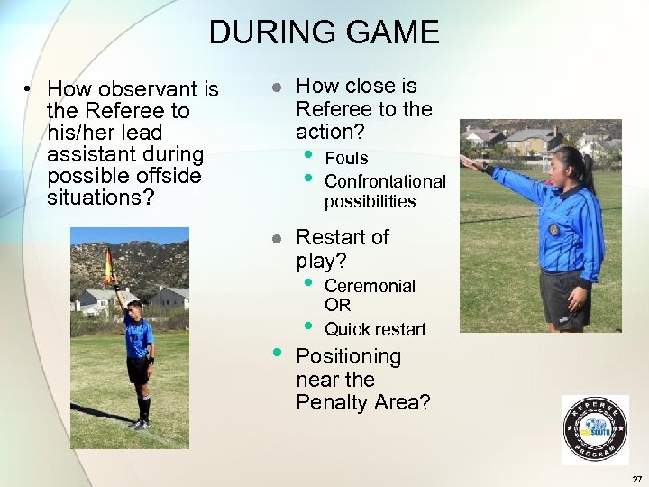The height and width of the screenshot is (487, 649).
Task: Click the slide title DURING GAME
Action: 324,32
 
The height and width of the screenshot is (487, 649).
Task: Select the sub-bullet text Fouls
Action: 346,158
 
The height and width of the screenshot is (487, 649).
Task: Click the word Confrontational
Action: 385,181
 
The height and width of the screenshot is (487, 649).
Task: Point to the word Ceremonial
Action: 370,286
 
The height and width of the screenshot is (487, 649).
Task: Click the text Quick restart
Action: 375,329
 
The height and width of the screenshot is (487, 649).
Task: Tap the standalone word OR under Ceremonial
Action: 337,306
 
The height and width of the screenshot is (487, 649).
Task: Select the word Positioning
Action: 348,356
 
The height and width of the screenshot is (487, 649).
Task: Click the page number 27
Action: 636,478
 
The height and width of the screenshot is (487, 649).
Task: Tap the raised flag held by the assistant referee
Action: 109,267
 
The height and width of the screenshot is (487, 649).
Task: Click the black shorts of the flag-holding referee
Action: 138,369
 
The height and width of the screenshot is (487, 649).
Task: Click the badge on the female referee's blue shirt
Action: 553,229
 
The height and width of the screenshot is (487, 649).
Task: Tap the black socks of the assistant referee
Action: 143,407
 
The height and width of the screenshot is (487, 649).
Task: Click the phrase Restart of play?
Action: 342,249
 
